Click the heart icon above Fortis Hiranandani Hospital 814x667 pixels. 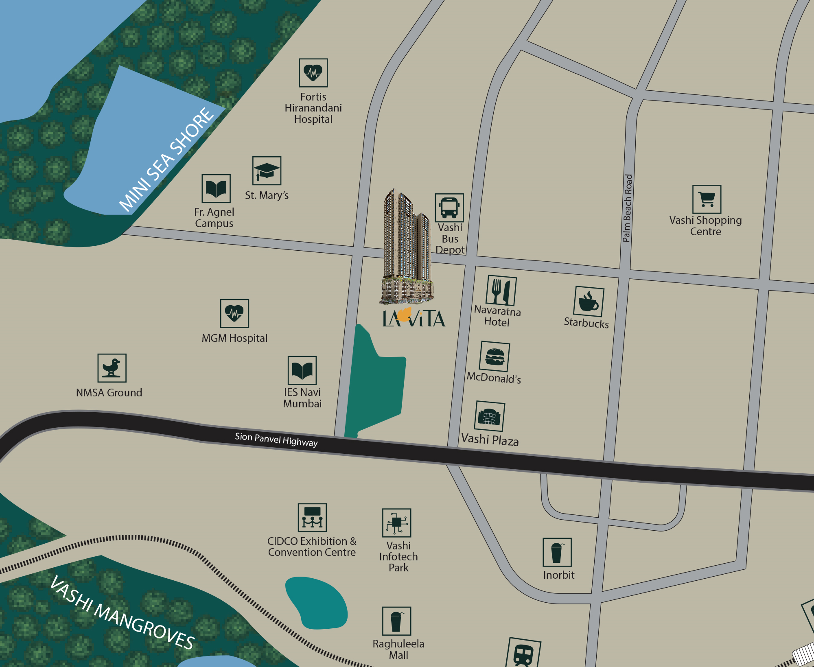[x=313, y=73]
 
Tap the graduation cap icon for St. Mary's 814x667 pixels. [x=267, y=171]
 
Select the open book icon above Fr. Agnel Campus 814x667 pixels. [x=216, y=189]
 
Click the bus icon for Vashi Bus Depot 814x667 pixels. [x=449, y=208]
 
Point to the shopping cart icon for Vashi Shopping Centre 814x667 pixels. [x=707, y=199]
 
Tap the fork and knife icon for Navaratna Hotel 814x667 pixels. [x=501, y=291]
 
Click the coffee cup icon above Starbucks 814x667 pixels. [x=589, y=302]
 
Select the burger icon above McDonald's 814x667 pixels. [x=495, y=356]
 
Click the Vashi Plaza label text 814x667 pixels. [x=490, y=440]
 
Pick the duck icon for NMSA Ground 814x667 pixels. [x=112, y=368]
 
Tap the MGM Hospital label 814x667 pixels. [x=234, y=338]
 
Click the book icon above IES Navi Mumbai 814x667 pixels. [x=302, y=370]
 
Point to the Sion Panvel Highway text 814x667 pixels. [x=276, y=440]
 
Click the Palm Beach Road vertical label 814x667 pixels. [x=627, y=208]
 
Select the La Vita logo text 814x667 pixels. [x=414, y=318]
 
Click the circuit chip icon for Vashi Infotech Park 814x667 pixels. [x=396, y=523]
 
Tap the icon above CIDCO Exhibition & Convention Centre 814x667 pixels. [x=312, y=518]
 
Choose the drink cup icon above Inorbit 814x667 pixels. [x=557, y=552]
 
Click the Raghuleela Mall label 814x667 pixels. [x=398, y=650]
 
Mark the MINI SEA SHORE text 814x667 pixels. [x=166, y=160]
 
